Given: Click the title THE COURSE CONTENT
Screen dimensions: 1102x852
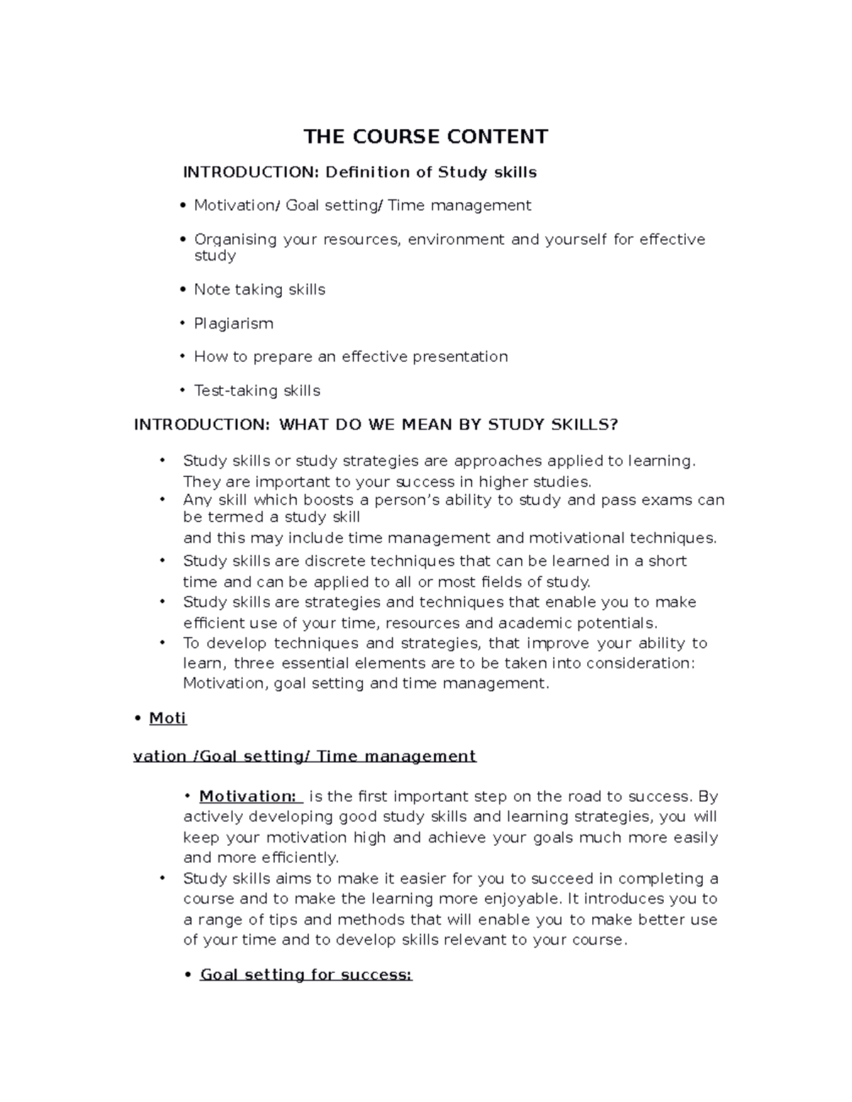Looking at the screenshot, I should pos(425,136).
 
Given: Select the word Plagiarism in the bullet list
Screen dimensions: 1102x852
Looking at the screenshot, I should pos(234,324).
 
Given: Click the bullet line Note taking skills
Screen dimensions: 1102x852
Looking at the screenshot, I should pos(259,290).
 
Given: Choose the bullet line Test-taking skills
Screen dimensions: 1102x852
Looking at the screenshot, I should pos(257,390).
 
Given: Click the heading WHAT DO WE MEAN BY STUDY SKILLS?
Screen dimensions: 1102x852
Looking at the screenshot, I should pos(448,424).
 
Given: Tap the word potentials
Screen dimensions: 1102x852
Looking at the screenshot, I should pos(617,623).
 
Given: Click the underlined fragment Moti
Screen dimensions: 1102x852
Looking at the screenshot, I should pos(168,718).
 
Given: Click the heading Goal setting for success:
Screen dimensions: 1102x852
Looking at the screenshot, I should pos(305,974).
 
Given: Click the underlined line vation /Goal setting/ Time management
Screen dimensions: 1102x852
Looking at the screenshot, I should pos(305,756).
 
